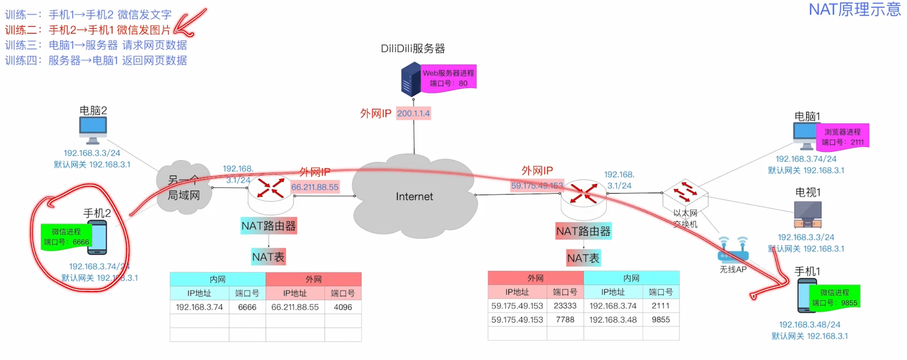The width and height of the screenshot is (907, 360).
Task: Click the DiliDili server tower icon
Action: (x=411, y=79)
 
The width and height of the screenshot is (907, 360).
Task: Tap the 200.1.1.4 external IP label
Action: (x=413, y=113)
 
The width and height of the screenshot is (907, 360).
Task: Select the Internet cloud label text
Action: (x=414, y=196)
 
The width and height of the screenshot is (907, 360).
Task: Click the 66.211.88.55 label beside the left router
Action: (x=315, y=187)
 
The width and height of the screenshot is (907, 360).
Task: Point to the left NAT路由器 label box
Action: (x=269, y=226)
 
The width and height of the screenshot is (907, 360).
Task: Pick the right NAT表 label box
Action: (x=583, y=258)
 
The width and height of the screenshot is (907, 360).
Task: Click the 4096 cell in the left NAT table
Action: (x=343, y=307)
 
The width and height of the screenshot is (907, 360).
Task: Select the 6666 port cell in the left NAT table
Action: (x=247, y=307)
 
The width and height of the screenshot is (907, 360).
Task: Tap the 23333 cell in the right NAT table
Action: (x=565, y=306)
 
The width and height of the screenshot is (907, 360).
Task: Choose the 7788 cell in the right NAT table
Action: (x=565, y=320)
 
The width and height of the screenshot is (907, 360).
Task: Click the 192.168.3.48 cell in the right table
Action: (x=613, y=320)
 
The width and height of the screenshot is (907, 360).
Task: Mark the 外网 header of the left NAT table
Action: (x=313, y=279)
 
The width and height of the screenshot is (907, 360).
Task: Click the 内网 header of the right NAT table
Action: (x=631, y=278)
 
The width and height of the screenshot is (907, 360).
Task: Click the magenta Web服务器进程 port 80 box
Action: (x=448, y=78)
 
